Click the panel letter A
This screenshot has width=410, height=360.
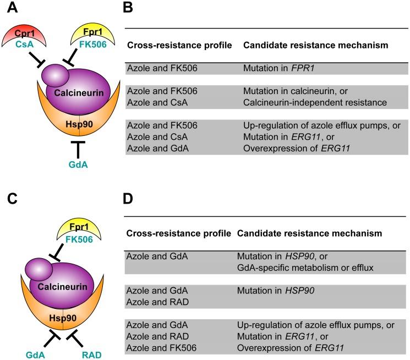pos(12,8)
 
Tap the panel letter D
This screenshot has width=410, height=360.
pos(128,199)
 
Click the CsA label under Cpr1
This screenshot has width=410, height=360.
pos(25,44)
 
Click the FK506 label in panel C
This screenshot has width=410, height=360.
pos(79,239)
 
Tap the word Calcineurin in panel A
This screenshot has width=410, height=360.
pos(79,92)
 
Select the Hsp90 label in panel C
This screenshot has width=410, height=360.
pos(63,318)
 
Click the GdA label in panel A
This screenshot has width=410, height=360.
pos(78,165)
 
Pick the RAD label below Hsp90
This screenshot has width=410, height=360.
pos(91,355)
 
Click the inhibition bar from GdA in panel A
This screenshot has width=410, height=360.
pos(78,150)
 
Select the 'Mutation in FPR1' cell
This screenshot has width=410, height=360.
pos(278,68)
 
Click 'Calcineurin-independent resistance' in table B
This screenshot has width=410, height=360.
pos(315,102)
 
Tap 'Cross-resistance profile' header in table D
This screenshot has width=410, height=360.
pos(179,233)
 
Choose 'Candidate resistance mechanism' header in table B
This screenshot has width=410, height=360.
pos(315,45)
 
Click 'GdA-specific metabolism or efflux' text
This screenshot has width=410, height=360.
pos(305,268)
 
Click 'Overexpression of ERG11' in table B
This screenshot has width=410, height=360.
pos(297,148)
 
